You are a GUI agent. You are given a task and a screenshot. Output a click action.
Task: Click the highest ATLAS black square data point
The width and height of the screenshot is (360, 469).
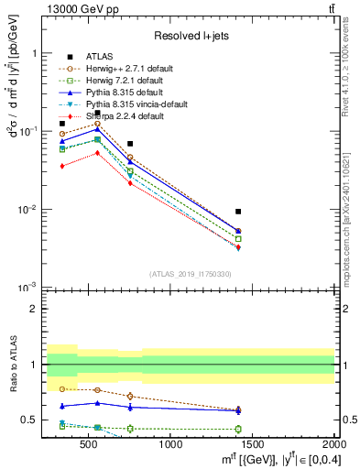click(97, 113)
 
